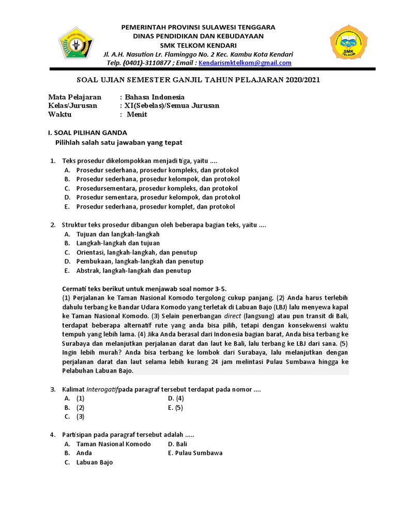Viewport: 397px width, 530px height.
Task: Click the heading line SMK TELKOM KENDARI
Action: pyautogui.click(x=198, y=45)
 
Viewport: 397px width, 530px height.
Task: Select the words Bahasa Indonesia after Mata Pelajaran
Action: pyautogui.click(x=155, y=97)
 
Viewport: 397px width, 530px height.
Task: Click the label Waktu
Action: pyautogui.click(x=60, y=114)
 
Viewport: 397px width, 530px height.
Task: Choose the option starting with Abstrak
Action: pyautogui.click(x=133, y=271)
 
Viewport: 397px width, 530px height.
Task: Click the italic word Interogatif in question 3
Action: pyautogui.click(x=102, y=389)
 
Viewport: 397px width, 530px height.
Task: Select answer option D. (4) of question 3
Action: pyautogui.click(x=176, y=399)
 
